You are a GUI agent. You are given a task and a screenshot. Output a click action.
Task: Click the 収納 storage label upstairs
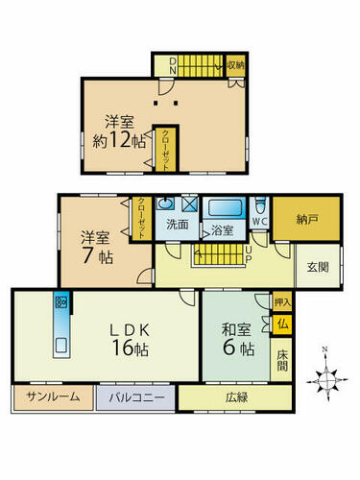click(235, 65)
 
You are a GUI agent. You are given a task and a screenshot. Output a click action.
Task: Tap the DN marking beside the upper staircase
click(173, 65)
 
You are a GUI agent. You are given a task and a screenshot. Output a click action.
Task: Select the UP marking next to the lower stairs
click(249, 255)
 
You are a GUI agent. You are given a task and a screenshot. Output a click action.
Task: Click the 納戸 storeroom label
click(306, 219)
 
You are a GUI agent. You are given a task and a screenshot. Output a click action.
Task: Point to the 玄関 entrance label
click(318, 267)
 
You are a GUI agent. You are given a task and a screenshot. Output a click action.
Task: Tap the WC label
click(260, 221)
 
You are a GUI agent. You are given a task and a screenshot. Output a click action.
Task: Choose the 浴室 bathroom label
click(223, 230)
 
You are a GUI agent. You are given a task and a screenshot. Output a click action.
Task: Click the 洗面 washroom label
click(178, 225)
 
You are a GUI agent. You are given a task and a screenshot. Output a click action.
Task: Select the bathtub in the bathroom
click(224, 208)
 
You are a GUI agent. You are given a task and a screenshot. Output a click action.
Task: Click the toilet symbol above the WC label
click(260, 206)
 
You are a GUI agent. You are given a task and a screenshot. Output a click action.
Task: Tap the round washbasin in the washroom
click(165, 203)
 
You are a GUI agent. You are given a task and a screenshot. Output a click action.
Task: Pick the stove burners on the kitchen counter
click(61, 302)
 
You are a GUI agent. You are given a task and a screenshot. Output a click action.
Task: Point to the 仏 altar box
click(282, 325)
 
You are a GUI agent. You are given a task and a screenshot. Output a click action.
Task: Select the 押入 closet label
click(282, 302)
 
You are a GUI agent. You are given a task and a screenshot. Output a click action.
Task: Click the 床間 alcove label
click(282, 361)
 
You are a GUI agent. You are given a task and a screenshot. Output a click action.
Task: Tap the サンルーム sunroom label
click(53, 397)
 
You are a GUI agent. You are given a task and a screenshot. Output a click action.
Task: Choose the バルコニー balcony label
click(136, 397)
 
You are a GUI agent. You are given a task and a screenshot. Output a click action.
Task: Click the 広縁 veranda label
click(236, 397)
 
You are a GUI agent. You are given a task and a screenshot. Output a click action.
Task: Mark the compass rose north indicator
click(324, 348)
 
